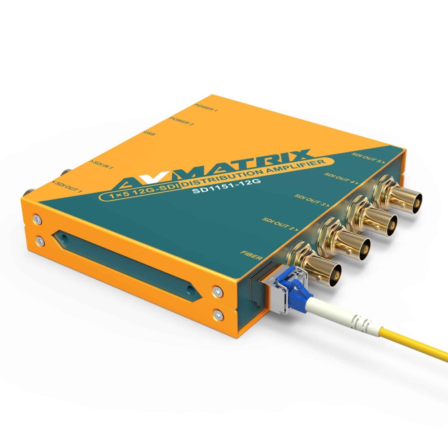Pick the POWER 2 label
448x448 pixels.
tap(182, 121)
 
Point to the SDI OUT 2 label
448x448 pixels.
tap(279, 223)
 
